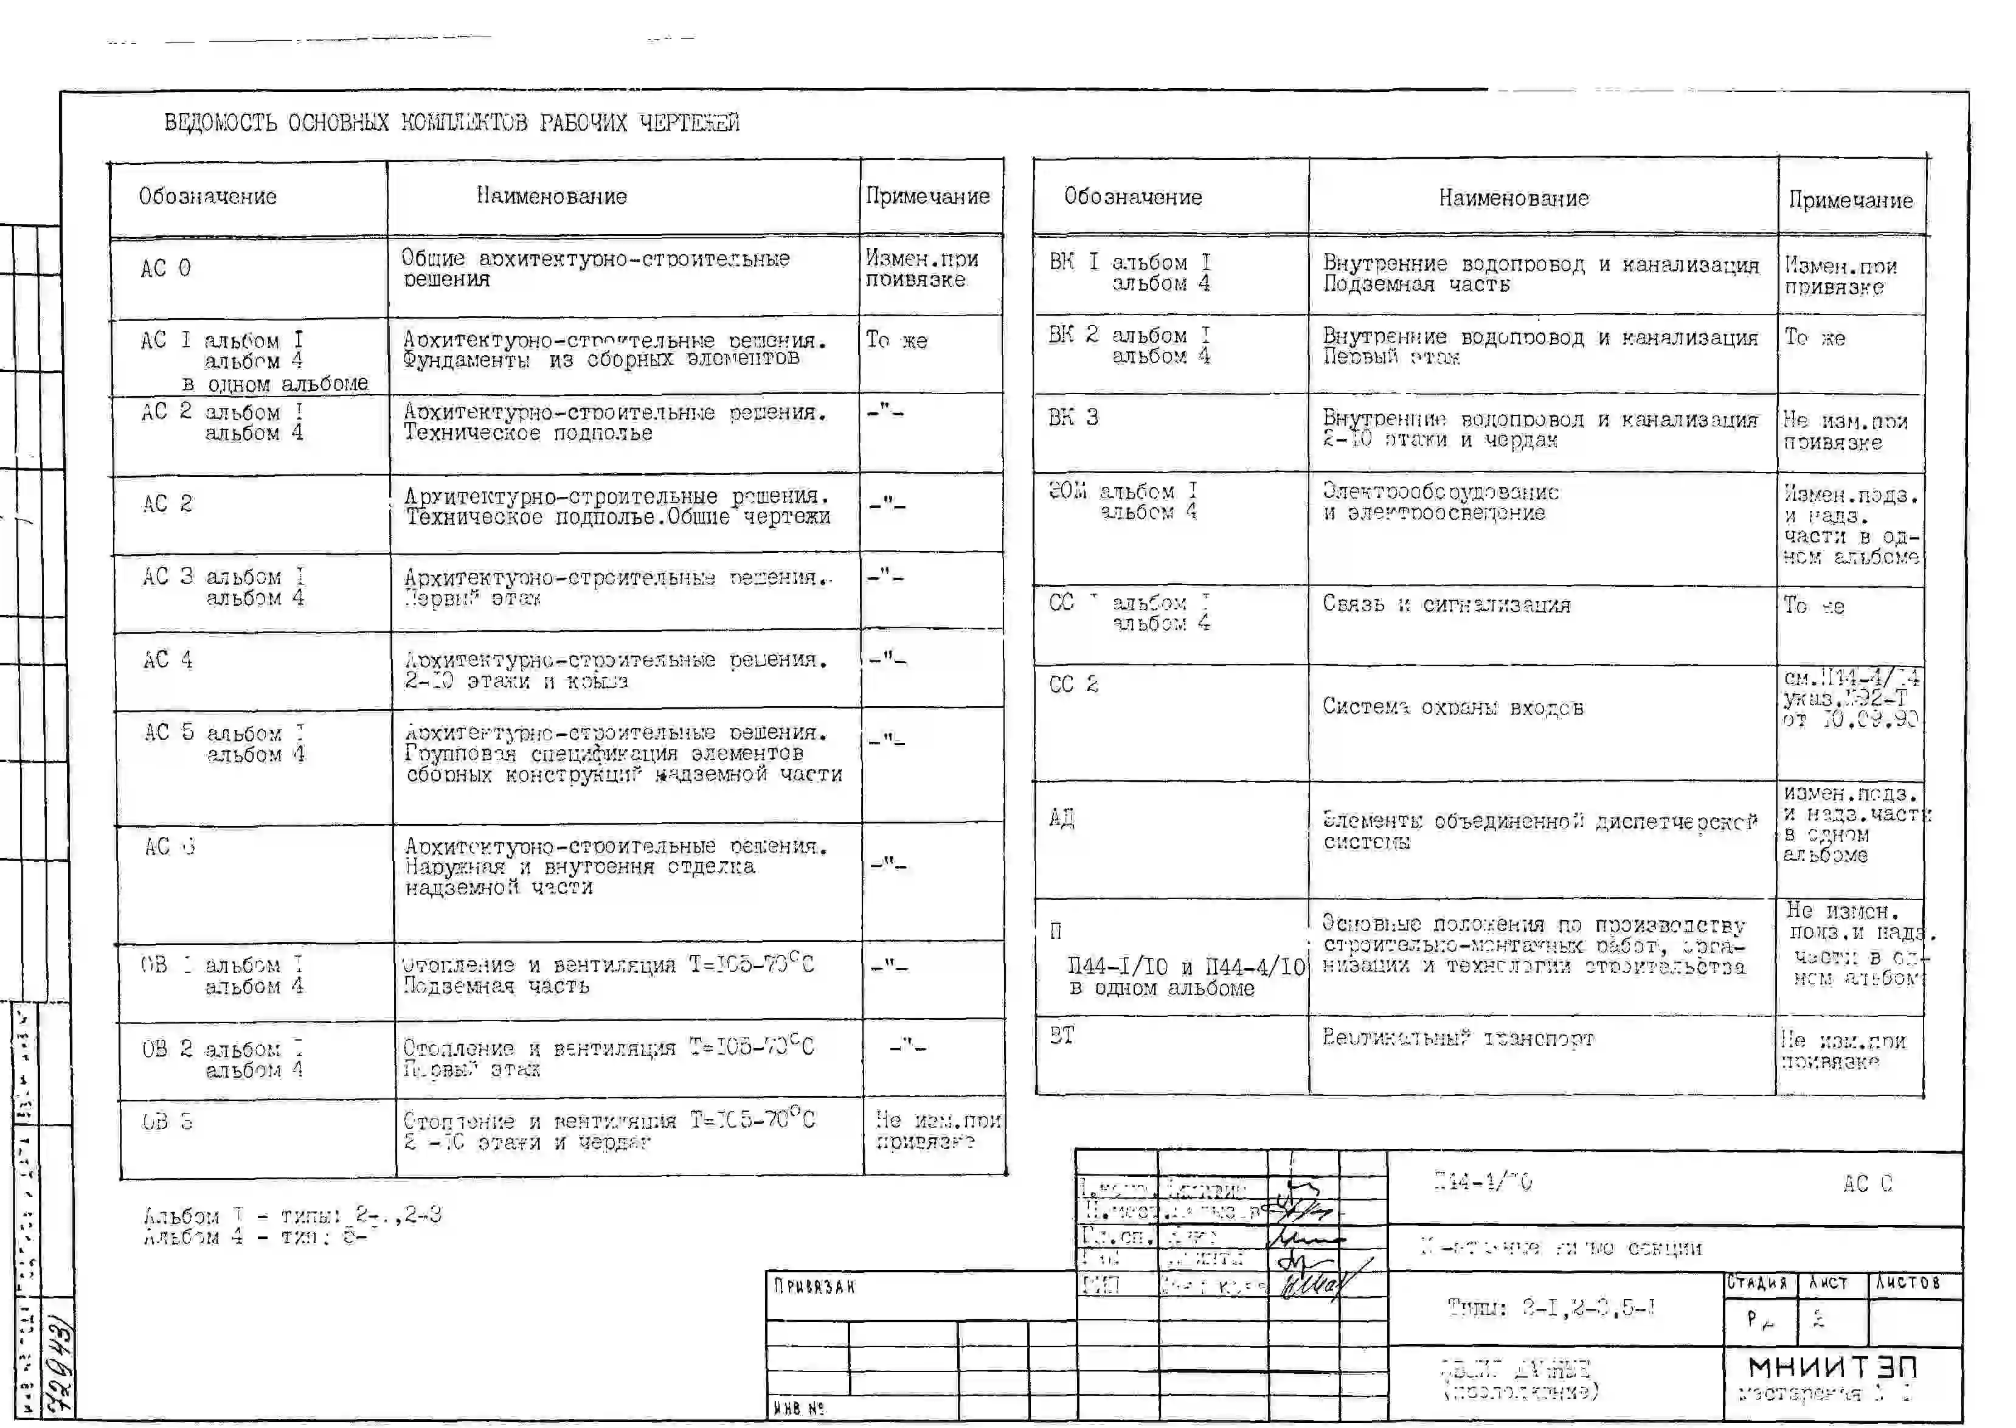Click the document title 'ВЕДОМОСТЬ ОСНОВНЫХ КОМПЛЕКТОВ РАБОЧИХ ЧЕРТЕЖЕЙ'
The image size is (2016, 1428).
[x=452, y=122]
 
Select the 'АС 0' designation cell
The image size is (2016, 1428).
[x=165, y=268]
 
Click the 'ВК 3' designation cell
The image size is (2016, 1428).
[x=1073, y=418]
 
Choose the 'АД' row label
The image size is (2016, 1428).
[x=1061, y=819]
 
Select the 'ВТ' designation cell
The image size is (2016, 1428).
[x=1061, y=1036]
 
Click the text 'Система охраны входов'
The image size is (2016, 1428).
[x=1452, y=708]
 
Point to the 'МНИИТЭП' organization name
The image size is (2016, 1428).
[x=1832, y=1367]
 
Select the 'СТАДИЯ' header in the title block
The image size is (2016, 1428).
[x=1758, y=1283]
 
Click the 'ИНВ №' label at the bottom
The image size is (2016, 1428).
[x=798, y=1408]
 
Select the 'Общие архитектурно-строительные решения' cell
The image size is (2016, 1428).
[x=595, y=268]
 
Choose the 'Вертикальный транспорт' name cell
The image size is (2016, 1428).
[x=1457, y=1039]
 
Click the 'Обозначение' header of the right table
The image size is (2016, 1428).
[x=1132, y=197]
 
